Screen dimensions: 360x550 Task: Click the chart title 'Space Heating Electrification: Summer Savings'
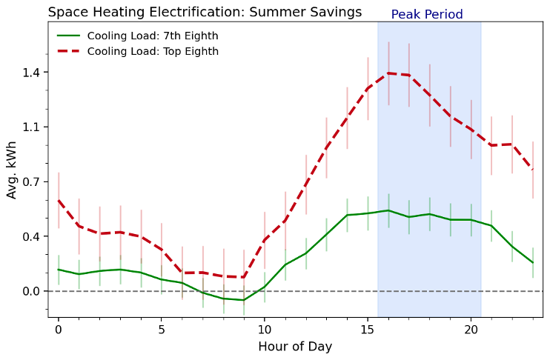click(205, 12)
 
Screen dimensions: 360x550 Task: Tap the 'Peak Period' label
click(427, 15)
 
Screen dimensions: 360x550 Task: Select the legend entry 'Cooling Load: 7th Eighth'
click(153, 36)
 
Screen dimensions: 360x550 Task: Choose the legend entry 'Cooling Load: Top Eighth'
click(153, 51)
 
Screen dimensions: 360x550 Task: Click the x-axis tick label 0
click(58, 330)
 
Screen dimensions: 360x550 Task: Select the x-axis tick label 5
click(162, 330)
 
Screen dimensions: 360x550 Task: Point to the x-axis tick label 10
click(265, 330)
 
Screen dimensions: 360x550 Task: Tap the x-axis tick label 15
click(368, 330)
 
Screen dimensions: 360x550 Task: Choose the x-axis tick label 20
click(471, 330)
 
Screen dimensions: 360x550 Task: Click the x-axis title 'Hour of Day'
click(295, 347)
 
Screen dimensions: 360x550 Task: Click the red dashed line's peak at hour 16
click(388, 73)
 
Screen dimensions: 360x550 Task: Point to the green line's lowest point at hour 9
click(244, 300)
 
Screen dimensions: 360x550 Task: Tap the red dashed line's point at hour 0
click(58, 200)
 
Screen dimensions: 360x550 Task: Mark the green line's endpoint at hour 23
click(533, 263)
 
